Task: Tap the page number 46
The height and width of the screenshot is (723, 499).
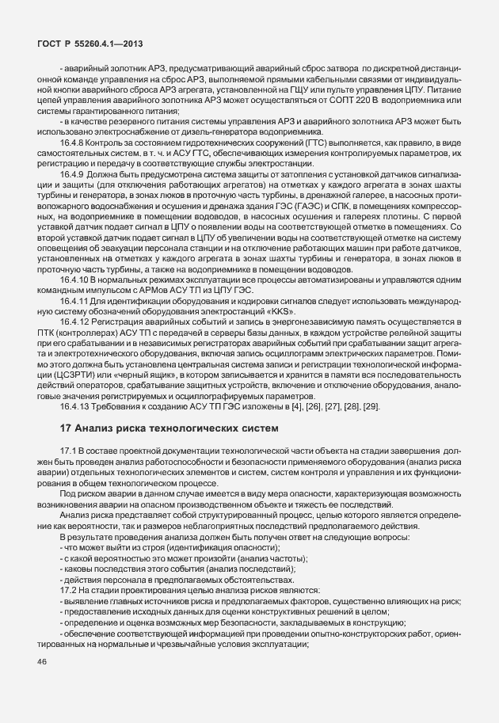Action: (x=43, y=685)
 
